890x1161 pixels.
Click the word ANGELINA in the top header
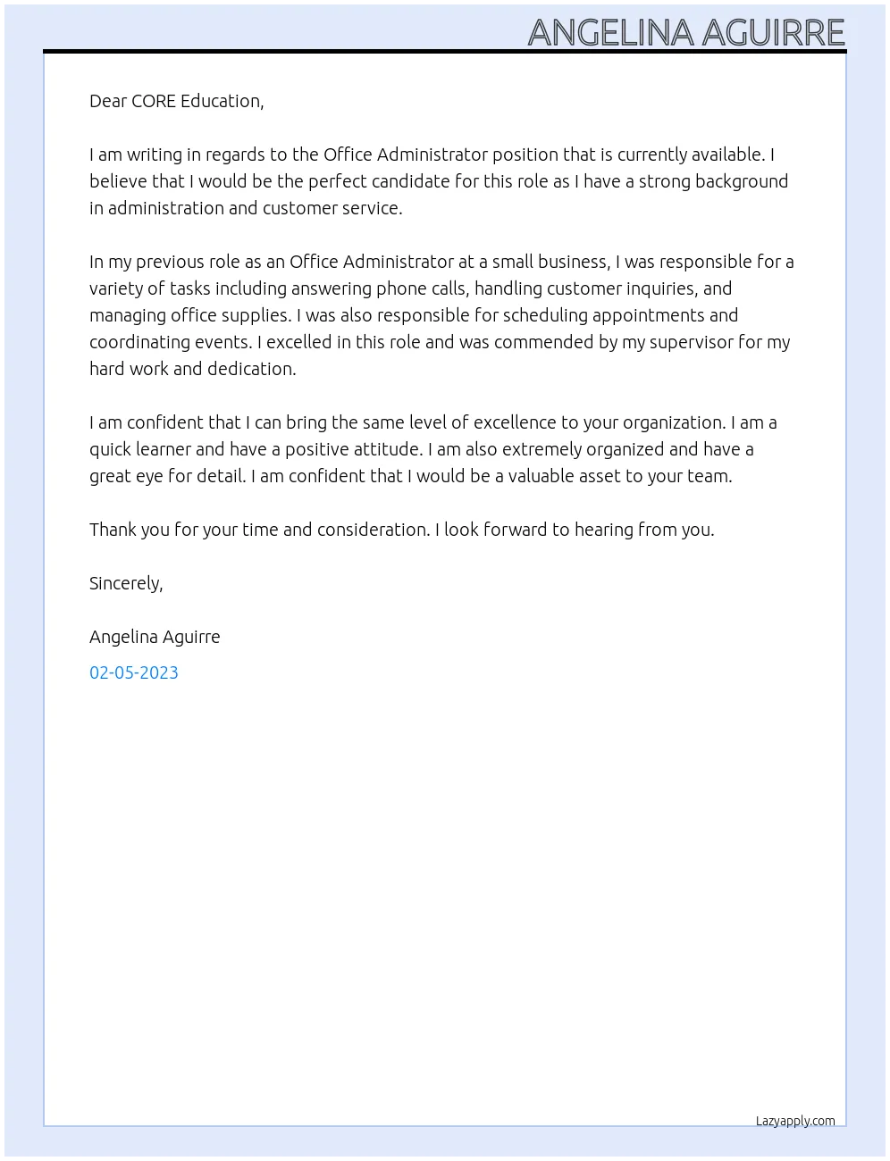(x=610, y=33)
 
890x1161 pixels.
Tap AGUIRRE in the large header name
(x=773, y=33)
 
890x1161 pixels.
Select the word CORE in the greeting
(x=153, y=101)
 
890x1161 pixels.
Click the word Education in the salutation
(x=221, y=101)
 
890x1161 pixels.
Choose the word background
(x=742, y=181)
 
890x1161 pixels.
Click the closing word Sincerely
(x=125, y=583)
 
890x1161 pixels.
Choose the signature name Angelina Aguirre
(x=155, y=637)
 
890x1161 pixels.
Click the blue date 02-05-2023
(x=134, y=672)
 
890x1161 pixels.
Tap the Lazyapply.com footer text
(x=795, y=1121)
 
